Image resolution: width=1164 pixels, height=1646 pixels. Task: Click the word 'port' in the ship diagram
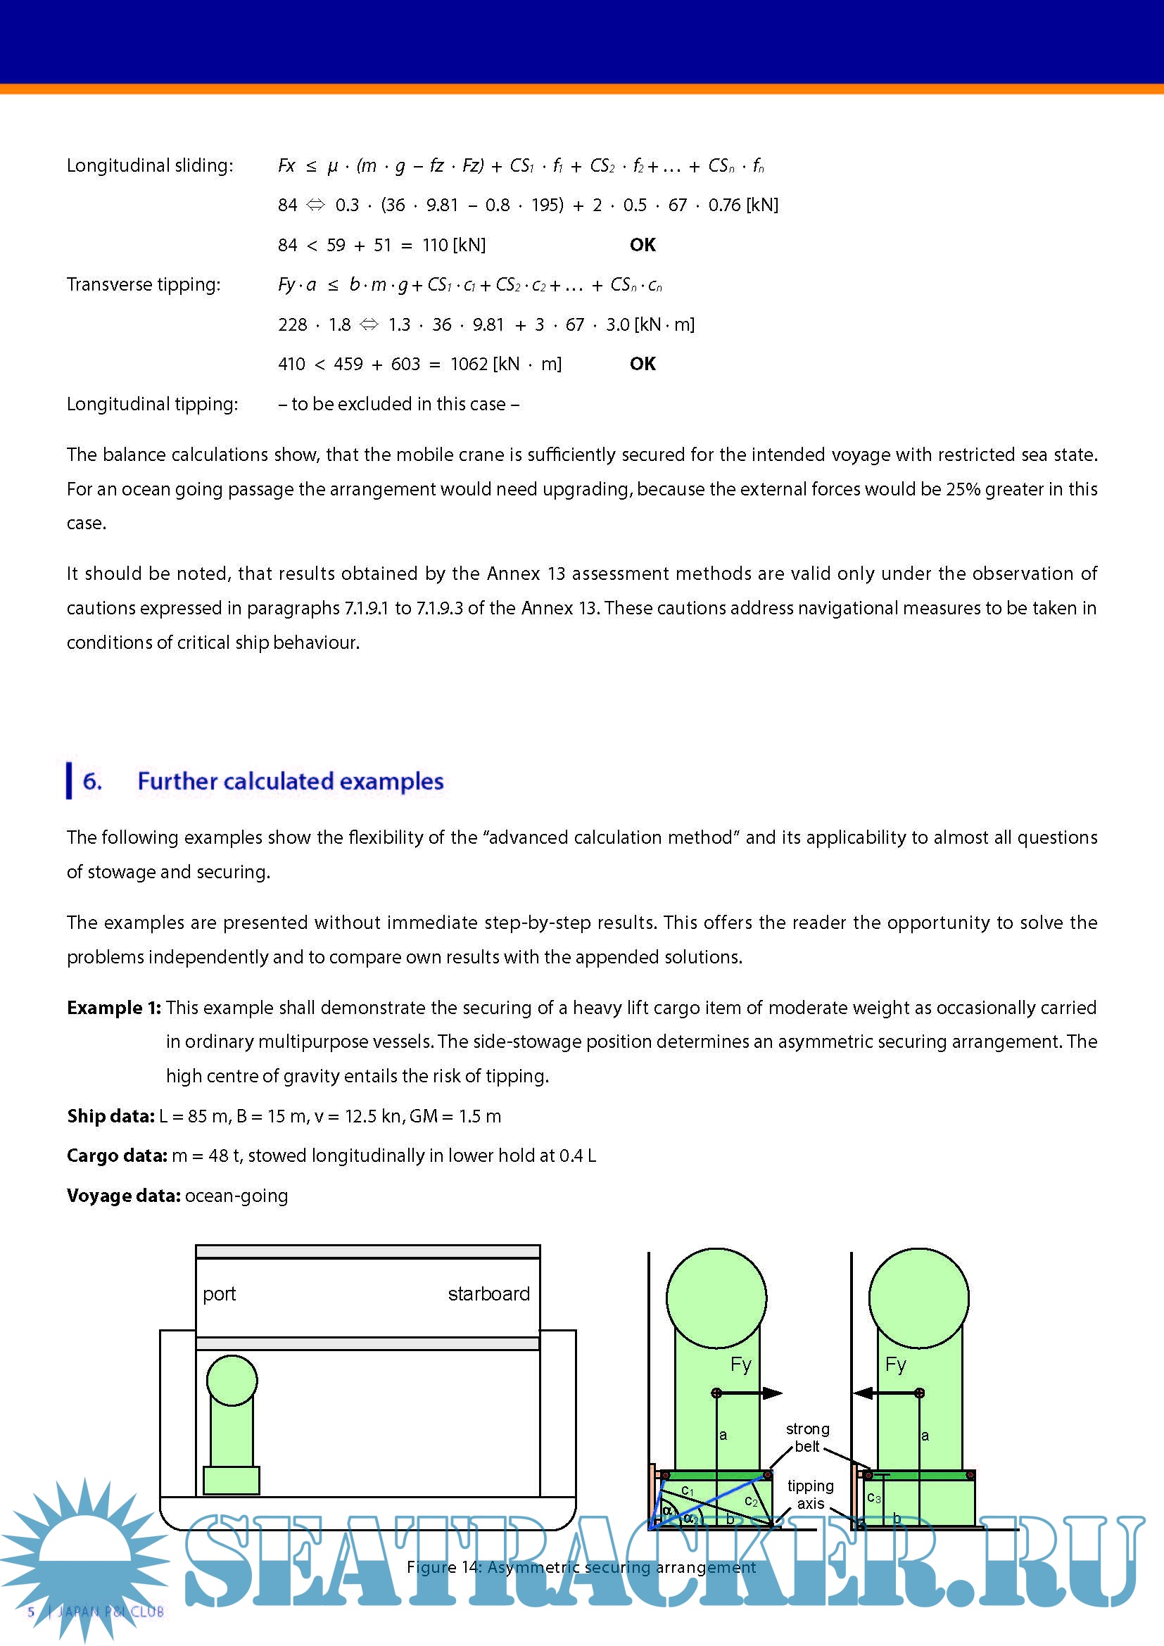219,1294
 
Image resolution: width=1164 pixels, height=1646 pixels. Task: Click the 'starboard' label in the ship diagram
489,1293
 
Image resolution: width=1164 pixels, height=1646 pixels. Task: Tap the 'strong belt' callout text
808,1438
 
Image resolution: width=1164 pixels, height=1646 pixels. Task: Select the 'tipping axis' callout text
811,1495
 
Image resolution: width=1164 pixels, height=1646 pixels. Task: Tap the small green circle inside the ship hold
232,1380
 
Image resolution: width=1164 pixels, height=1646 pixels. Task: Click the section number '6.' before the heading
92,780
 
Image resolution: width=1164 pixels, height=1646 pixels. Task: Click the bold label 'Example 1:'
114,1007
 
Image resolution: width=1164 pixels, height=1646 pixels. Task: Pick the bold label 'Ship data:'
110,1115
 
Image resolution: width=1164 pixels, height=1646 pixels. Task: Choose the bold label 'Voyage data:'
123,1195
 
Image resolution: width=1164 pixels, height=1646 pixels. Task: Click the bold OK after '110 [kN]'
643,245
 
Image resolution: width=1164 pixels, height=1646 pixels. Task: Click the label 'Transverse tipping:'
144,284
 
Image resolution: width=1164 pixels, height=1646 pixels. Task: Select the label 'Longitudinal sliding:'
150,165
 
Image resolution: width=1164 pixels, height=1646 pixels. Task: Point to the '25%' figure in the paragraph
963,489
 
